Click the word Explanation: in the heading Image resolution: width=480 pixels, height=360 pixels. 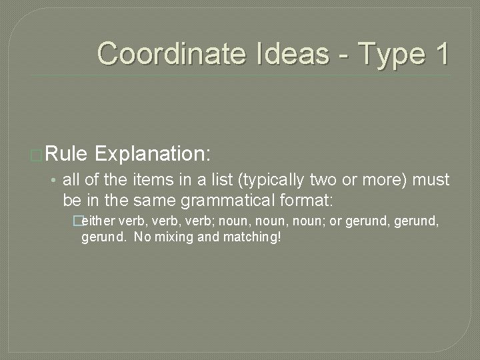point(153,155)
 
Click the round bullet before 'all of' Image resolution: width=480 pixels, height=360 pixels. point(56,181)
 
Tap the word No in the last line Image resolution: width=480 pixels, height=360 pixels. point(143,237)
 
